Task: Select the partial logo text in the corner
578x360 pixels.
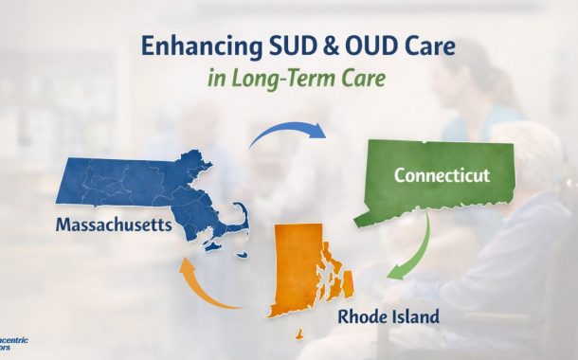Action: pos(11,346)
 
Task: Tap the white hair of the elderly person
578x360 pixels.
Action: pos(545,152)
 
